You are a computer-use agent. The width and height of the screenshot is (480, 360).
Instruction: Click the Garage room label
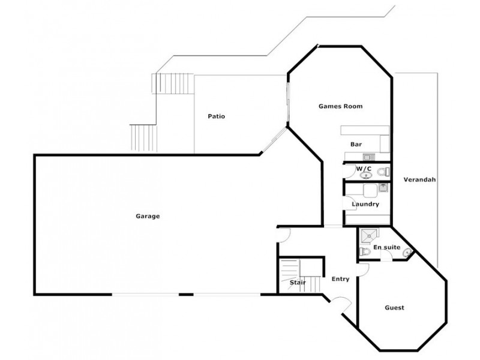[x=147, y=216]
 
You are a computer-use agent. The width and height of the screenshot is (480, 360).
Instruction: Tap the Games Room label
[x=340, y=106]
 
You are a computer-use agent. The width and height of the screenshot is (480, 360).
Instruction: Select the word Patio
[x=217, y=116]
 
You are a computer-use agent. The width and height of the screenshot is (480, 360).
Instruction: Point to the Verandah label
[x=419, y=179]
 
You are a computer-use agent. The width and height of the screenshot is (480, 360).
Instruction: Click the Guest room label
[x=394, y=308]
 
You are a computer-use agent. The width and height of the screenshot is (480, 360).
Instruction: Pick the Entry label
[x=340, y=278]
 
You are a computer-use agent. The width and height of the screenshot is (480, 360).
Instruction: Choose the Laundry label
[x=365, y=204]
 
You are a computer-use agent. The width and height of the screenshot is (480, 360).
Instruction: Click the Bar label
[x=356, y=144]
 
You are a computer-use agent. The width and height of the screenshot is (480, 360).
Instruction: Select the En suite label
[x=386, y=247]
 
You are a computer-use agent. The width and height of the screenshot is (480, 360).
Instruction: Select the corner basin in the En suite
[x=408, y=251]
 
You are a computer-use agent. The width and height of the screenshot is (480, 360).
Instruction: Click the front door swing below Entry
[x=340, y=305]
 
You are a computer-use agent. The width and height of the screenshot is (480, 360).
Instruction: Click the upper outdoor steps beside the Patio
[x=173, y=82]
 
